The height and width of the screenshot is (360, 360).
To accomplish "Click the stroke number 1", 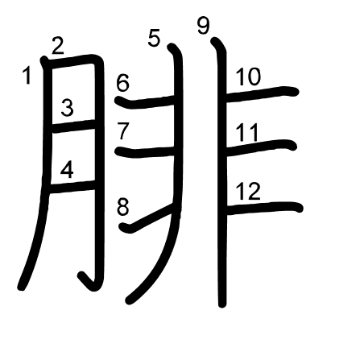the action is (x=27, y=76).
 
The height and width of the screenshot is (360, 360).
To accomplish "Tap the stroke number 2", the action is (x=58, y=46).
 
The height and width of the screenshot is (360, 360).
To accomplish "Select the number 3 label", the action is (x=67, y=108).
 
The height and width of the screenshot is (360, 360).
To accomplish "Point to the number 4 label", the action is (x=67, y=171).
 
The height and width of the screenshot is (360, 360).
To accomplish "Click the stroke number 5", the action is (x=154, y=39).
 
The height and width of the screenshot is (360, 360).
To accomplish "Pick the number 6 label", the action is (x=122, y=83).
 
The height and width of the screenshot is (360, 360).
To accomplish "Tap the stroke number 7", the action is (x=123, y=131).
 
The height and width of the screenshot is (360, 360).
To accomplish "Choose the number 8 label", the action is (x=123, y=207).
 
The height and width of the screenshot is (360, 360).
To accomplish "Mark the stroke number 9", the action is (x=203, y=26).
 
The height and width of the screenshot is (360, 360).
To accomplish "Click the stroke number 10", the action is (x=248, y=77).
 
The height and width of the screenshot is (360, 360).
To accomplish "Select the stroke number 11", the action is (x=247, y=132).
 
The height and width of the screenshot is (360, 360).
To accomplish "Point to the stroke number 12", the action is (x=248, y=191).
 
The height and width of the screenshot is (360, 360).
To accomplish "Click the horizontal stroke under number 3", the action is (x=74, y=126).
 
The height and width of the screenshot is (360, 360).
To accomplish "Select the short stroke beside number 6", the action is (x=145, y=102).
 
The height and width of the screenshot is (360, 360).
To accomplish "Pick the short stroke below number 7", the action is (x=145, y=152).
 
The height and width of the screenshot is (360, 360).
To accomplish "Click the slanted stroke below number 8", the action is (x=147, y=218).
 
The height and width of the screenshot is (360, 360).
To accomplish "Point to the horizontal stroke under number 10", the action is (x=262, y=94).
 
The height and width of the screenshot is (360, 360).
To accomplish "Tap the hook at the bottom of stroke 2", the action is (x=89, y=281).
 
